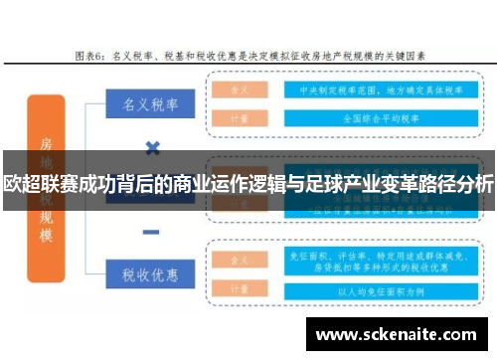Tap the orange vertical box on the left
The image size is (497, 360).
click(44, 184)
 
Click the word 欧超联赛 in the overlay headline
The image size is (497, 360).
click(39, 183)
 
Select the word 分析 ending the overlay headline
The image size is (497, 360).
click(475, 183)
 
